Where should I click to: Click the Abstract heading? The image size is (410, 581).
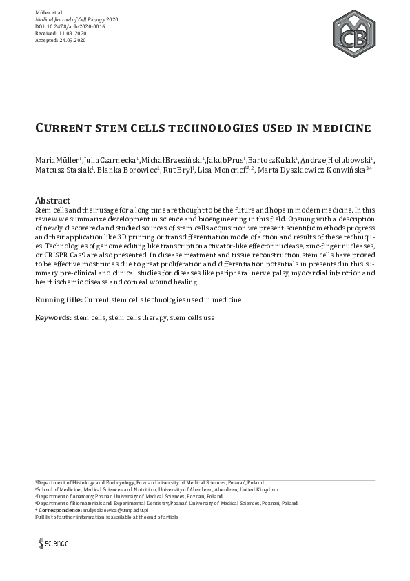(x=52, y=200)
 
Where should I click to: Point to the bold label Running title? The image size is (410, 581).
(x=59, y=300)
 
